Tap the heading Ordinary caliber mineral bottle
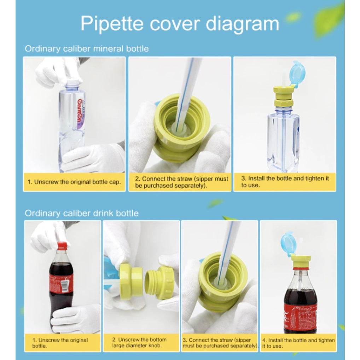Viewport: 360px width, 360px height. click(87, 49)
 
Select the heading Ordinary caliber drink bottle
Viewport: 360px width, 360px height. click(81, 213)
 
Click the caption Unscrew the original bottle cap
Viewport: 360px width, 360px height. click(74, 182)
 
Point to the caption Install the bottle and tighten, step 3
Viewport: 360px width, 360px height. click(285, 182)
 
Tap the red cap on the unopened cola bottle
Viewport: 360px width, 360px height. click(62, 245)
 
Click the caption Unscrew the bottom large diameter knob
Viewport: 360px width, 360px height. click(139, 343)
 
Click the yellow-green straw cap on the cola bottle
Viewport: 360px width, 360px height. click(301, 262)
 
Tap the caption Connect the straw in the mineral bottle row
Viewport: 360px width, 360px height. click(181, 182)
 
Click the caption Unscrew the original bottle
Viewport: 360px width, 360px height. click(60, 343)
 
